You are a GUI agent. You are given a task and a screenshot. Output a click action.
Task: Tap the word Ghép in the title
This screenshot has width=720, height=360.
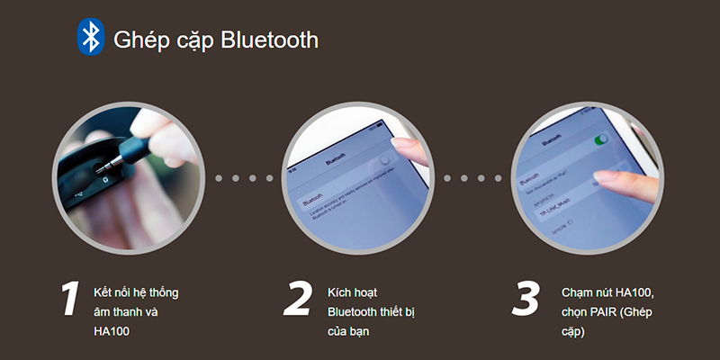pyautogui.click(x=136, y=40)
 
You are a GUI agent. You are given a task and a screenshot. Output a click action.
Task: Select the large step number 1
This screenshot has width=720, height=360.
pyautogui.click(x=69, y=300)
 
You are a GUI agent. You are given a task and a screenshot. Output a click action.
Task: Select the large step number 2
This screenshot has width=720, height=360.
pyautogui.click(x=296, y=300)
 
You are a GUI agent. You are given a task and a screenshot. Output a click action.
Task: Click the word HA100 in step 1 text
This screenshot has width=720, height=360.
pyautogui.click(x=112, y=331)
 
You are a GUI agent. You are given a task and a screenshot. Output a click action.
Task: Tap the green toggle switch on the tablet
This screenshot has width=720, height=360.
pyautogui.click(x=599, y=139)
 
